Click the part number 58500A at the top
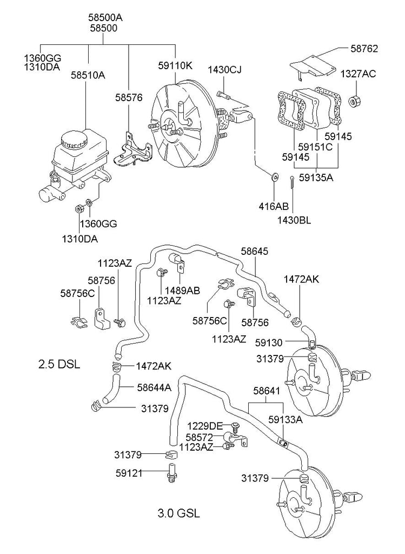[105, 17]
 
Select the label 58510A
[88, 75]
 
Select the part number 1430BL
[294, 220]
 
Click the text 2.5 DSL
[59, 364]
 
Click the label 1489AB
[182, 291]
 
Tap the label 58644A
[154, 387]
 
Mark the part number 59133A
[286, 419]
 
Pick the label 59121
[129, 473]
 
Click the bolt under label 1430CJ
[224, 96]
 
